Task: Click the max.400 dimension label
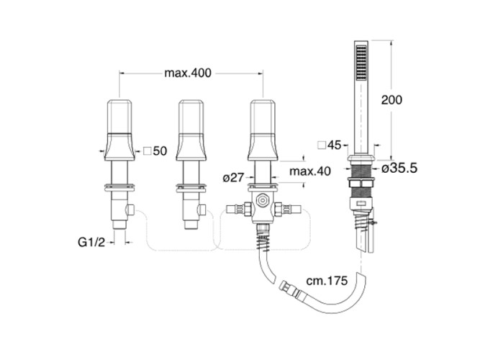(188, 73)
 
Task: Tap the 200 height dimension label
(391, 99)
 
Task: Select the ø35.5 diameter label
(400, 168)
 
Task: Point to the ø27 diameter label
(233, 177)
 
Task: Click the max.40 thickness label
(310, 171)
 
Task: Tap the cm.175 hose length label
(327, 280)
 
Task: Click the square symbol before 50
(148, 150)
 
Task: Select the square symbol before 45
(322, 145)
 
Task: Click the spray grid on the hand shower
(361, 63)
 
